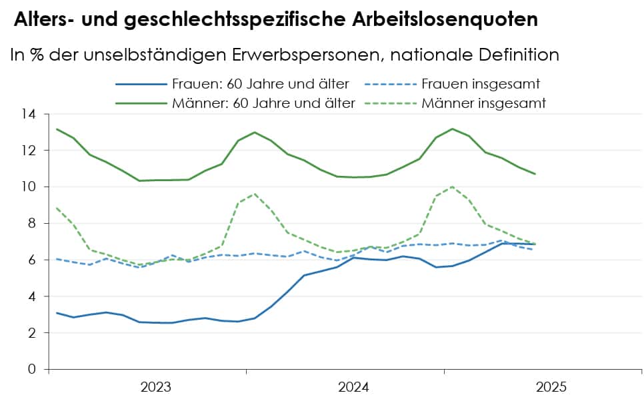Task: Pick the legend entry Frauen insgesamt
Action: click(x=480, y=85)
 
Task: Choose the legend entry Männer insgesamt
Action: click(x=483, y=103)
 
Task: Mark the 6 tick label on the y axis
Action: click(x=31, y=260)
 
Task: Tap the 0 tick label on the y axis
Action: click(x=31, y=369)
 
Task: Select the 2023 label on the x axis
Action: click(x=155, y=387)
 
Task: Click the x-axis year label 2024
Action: click(x=353, y=387)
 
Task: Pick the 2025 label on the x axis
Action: click(x=551, y=387)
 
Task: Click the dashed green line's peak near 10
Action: click(x=453, y=187)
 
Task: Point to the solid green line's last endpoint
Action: click(x=535, y=174)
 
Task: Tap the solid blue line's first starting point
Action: click(x=57, y=312)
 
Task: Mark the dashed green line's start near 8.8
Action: click(x=57, y=208)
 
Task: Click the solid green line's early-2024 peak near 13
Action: click(x=255, y=132)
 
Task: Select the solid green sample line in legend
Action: click(x=141, y=103)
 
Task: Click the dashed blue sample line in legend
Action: click(x=389, y=85)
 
